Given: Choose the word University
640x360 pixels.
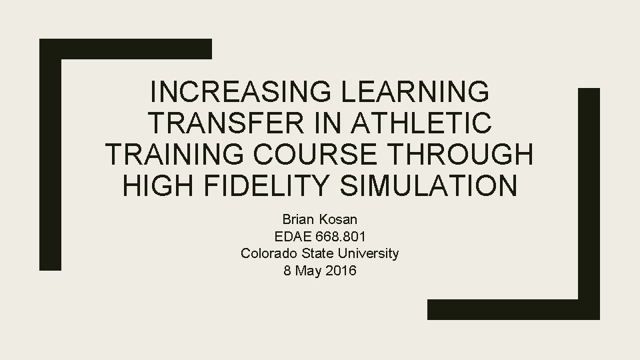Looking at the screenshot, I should coord(370,253).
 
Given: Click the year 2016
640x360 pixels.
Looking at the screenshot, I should coord(341,271).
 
